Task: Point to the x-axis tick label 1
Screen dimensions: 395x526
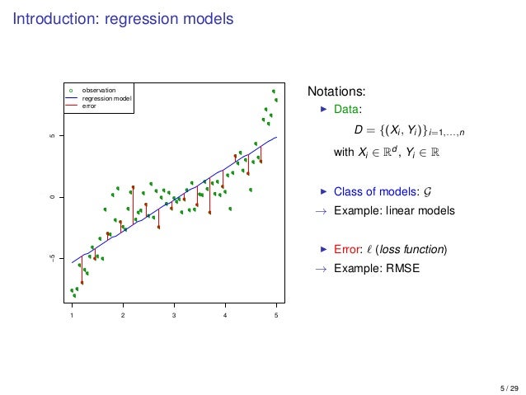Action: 72,316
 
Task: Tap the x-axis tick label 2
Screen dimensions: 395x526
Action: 123,316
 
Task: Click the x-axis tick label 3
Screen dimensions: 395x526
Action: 174,316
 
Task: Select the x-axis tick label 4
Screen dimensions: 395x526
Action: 225,316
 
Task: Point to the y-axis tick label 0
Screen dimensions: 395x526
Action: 51,197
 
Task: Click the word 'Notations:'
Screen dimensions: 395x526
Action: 336,91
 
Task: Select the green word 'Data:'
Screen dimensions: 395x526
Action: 347,109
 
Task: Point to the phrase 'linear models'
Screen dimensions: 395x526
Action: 423,210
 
